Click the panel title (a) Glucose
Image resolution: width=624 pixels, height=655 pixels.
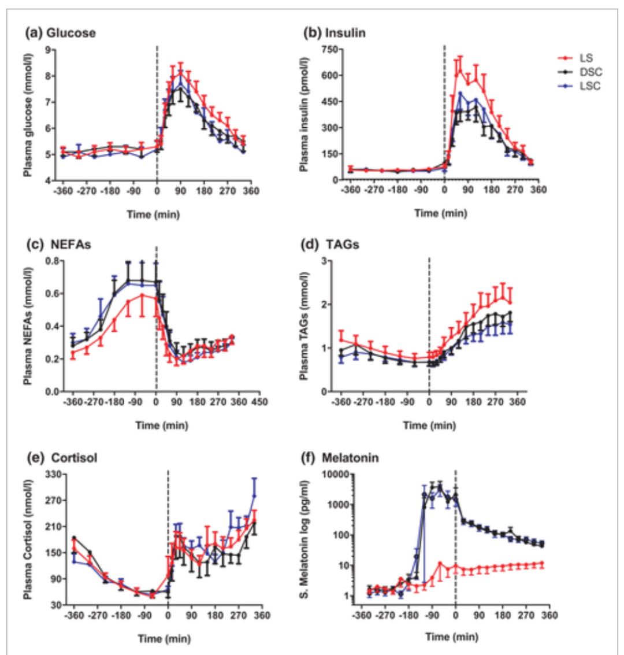click(60, 33)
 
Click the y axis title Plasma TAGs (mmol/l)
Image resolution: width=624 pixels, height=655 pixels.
click(303, 326)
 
